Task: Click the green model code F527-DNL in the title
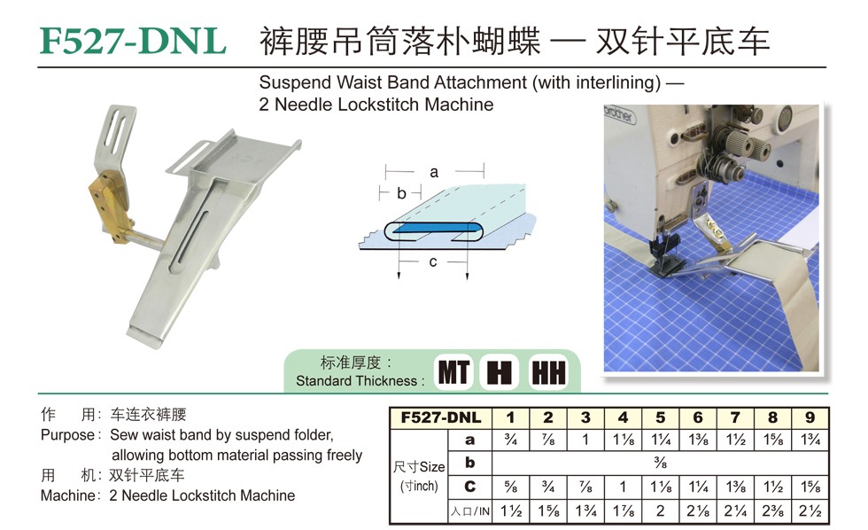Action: [133, 42]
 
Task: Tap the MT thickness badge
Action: [453, 372]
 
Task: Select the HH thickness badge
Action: [548, 372]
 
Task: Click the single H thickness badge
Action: [500, 372]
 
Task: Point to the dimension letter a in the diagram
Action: [434, 172]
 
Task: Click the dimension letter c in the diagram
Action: [433, 261]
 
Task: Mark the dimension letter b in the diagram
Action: [401, 192]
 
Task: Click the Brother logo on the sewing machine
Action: [619, 114]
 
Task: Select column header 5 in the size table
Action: [661, 417]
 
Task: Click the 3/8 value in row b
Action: [660, 463]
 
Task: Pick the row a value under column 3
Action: [585, 440]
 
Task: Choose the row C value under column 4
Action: [623, 487]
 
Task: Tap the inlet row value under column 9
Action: [810, 511]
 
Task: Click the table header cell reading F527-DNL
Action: [441, 417]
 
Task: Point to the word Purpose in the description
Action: [67, 435]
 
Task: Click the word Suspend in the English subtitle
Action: [295, 82]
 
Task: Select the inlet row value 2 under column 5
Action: [661, 511]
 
